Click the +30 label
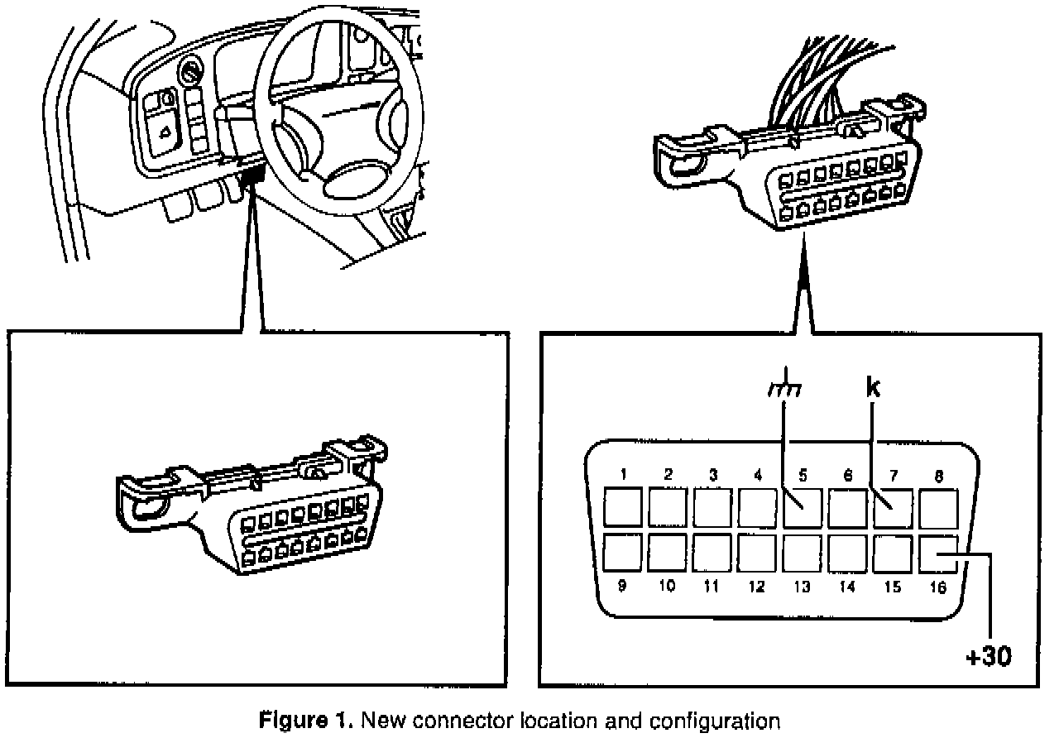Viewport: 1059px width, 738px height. (x=989, y=659)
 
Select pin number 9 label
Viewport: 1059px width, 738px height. (x=622, y=586)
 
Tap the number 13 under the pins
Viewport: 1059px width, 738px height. (x=801, y=587)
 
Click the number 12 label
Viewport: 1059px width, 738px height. (x=755, y=587)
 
